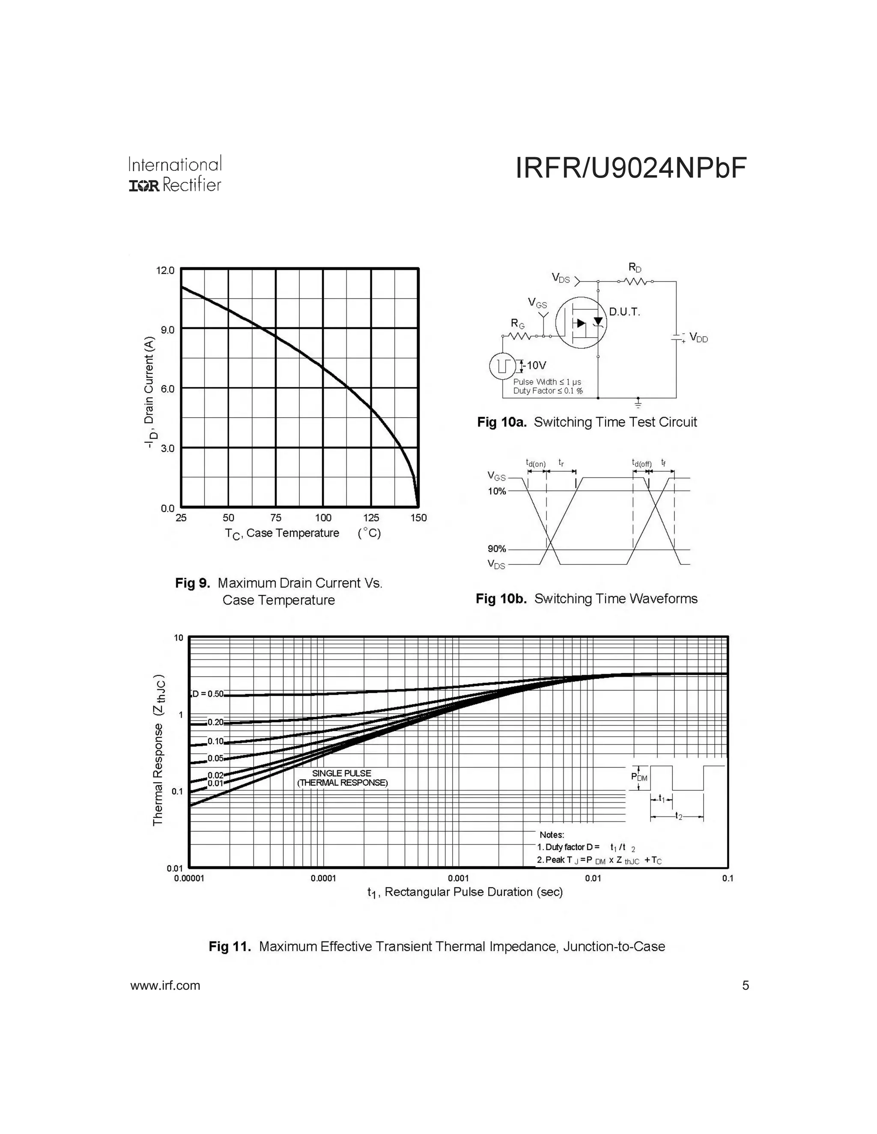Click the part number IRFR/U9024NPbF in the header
[631, 168]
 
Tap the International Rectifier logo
[175, 174]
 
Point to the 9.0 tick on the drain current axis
[168, 330]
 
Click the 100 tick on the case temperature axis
[323, 518]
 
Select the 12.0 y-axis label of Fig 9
[166, 270]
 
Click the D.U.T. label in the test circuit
[624, 312]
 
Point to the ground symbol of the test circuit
[638, 403]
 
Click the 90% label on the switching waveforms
[496, 549]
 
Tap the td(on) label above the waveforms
[536, 463]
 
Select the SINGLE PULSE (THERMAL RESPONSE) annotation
[342, 778]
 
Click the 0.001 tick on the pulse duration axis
[458, 878]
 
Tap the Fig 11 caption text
[436, 946]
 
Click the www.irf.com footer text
[165, 985]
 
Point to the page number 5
[746, 985]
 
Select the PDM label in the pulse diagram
[639, 777]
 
